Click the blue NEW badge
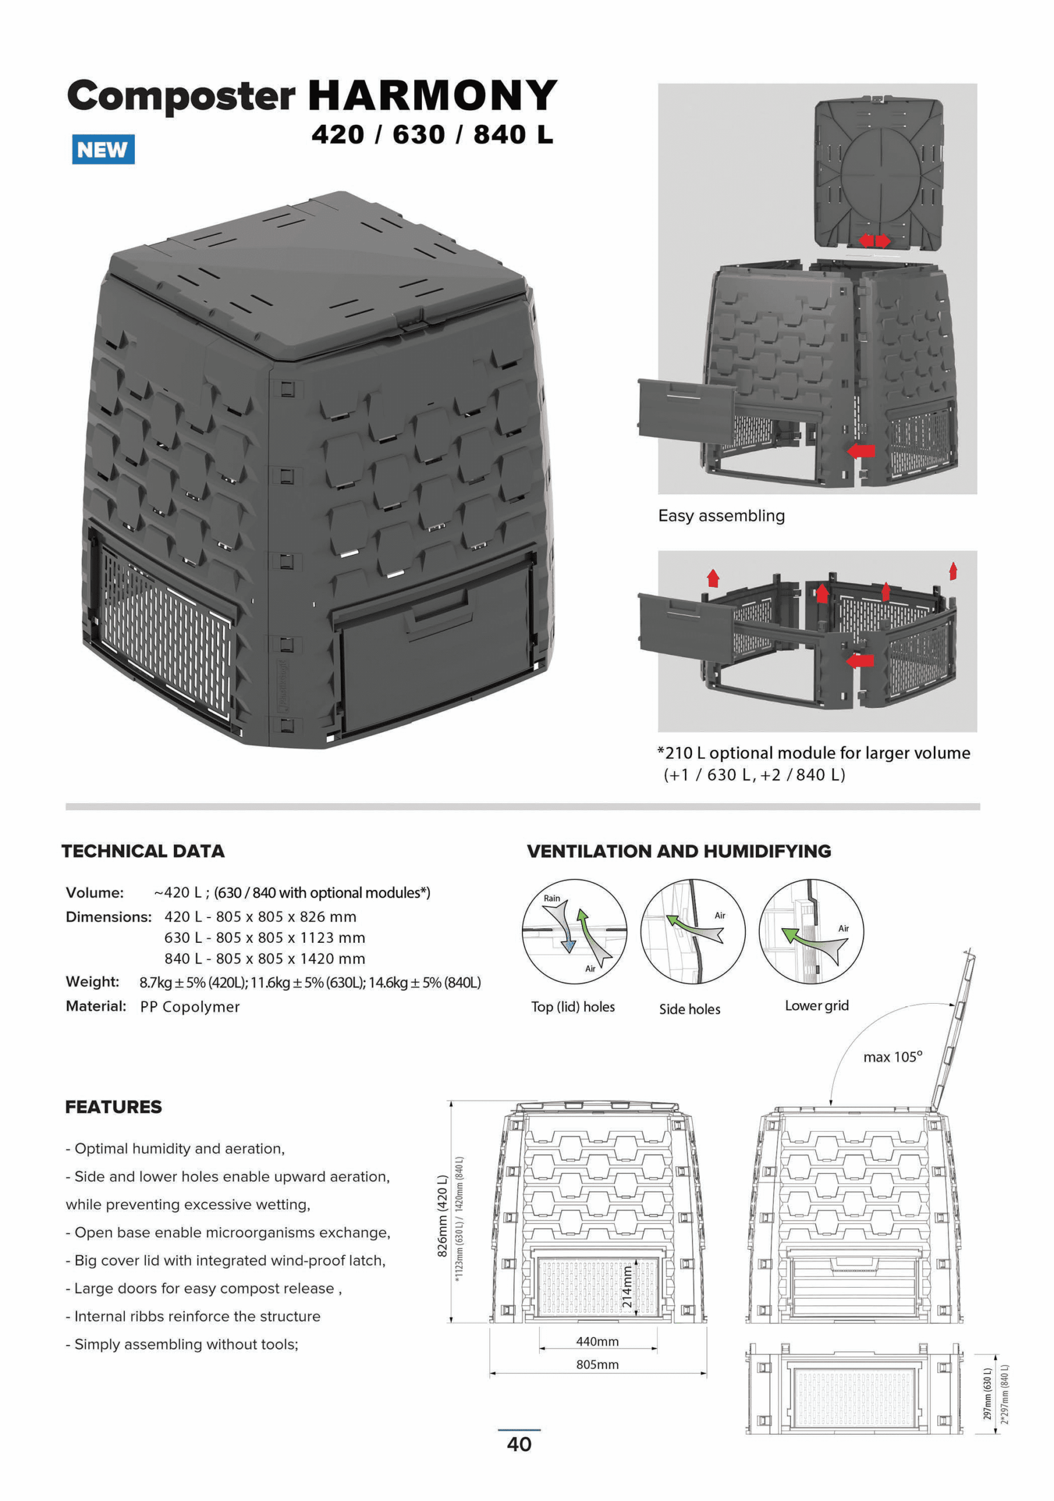(103, 149)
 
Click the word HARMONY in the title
(432, 96)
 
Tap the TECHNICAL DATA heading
(143, 851)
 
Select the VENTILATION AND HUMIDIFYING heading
(679, 851)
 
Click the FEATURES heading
(114, 1107)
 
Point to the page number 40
(520, 1444)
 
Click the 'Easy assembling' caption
(721, 516)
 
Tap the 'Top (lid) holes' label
(573, 1007)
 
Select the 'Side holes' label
(690, 1010)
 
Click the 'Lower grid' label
(817, 1006)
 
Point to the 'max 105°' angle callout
(893, 1057)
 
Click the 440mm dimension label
(597, 1342)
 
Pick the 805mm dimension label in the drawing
(597, 1364)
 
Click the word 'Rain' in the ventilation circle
(552, 898)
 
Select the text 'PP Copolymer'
(190, 1007)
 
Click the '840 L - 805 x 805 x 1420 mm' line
(265, 959)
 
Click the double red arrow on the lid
(874, 241)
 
